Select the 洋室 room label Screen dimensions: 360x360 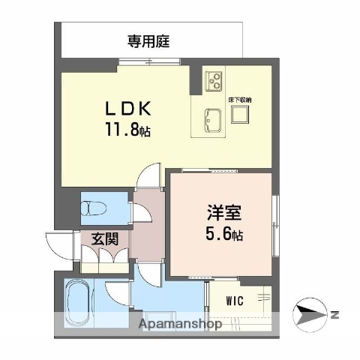click(219, 212)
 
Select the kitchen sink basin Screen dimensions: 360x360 click(211, 118)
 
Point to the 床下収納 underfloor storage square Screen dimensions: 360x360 click(241, 114)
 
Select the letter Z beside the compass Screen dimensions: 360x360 click(336, 314)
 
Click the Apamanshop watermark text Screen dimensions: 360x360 click(181, 325)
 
